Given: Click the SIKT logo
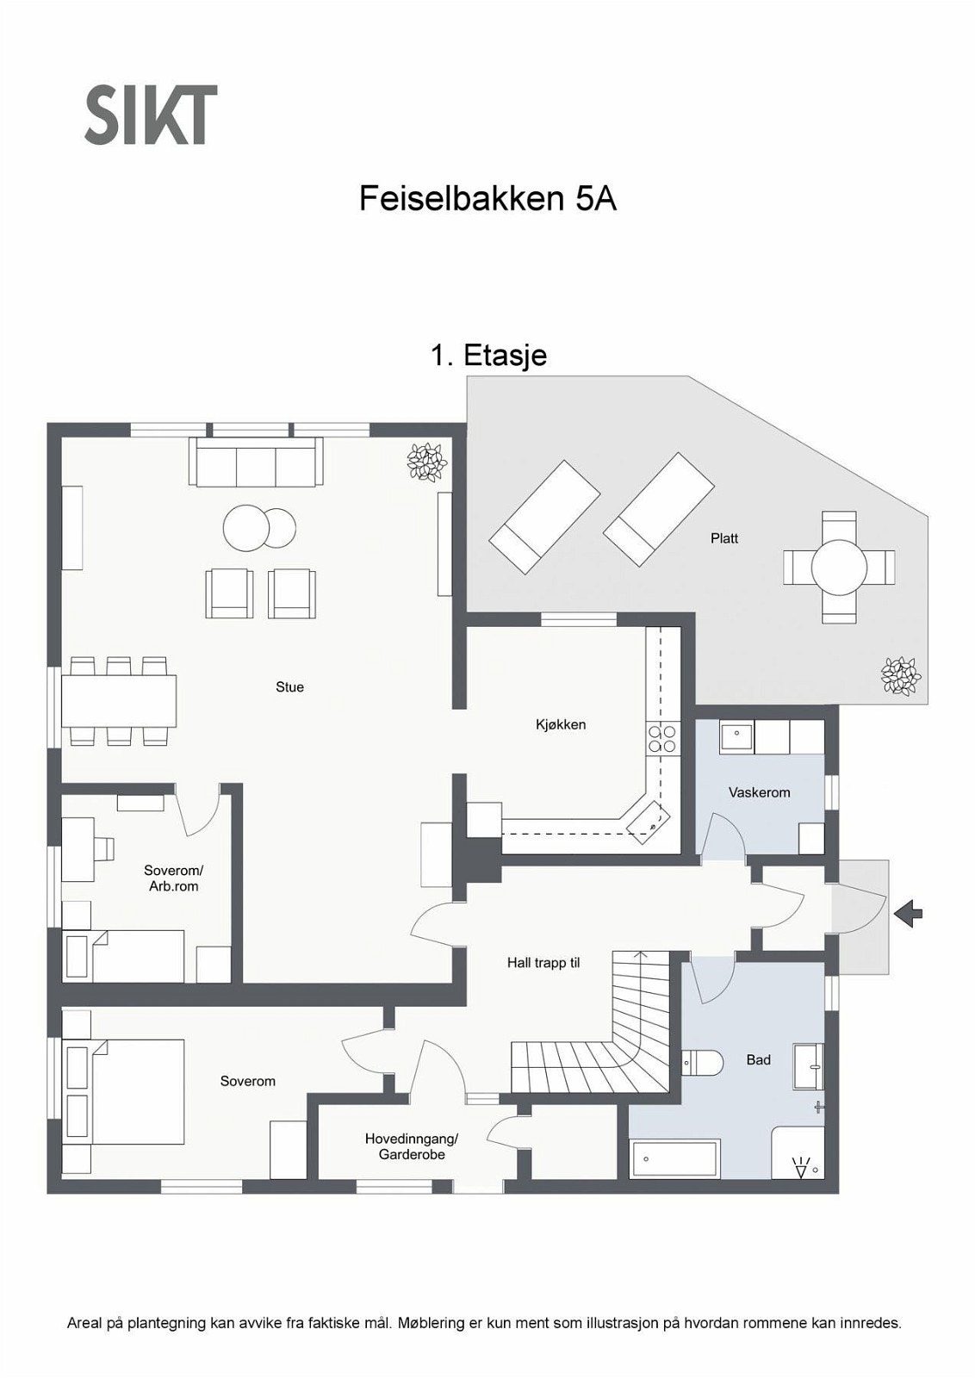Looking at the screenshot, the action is click(x=151, y=115).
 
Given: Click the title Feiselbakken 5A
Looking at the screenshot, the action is click(x=487, y=199).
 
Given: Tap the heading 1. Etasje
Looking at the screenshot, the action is click(x=489, y=355).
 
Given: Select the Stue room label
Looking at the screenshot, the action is click(x=289, y=686).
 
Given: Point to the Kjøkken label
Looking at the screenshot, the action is click(x=561, y=724).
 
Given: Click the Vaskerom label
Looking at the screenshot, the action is click(x=759, y=792).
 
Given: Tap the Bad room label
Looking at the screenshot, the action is click(x=759, y=1059).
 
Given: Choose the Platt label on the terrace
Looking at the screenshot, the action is click(x=724, y=538).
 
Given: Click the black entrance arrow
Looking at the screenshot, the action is click(x=908, y=914).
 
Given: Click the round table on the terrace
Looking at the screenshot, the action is click(x=839, y=567).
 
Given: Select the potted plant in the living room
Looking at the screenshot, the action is click(x=427, y=461).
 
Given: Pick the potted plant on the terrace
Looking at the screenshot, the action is click(x=901, y=677).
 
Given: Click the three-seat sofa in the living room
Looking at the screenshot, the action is click(x=256, y=462).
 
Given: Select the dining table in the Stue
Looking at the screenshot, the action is click(x=119, y=701).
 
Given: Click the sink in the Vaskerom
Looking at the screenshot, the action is click(x=736, y=737).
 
